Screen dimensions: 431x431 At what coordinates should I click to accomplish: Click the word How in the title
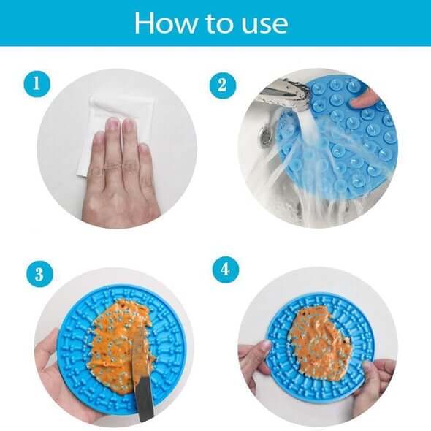click(166, 23)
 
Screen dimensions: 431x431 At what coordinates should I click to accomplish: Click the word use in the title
click(264, 26)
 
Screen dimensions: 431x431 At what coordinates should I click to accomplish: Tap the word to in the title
click(219, 24)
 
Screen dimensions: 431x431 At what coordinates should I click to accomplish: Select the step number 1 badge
click(37, 83)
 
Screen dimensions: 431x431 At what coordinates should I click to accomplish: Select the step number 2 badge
click(223, 85)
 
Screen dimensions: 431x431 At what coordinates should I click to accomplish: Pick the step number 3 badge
click(39, 274)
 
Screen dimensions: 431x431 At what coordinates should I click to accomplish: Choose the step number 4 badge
click(226, 269)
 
